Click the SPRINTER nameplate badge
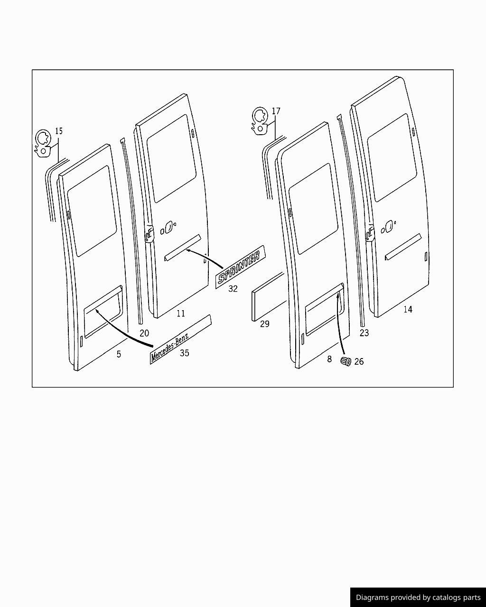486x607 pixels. [x=240, y=267]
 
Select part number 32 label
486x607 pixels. [x=233, y=288]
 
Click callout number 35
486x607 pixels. [x=185, y=353]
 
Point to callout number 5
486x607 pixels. [x=119, y=354]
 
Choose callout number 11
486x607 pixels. [x=181, y=313]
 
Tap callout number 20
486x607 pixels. [x=144, y=333]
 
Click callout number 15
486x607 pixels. [x=59, y=131]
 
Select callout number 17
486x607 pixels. [x=276, y=111]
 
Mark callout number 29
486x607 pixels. [x=265, y=324]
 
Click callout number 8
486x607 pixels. [x=329, y=359]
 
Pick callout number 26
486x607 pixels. [x=359, y=361]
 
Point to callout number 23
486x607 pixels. [x=364, y=333]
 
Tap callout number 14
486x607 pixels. [x=408, y=309]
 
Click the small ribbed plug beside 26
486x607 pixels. [x=346, y=361]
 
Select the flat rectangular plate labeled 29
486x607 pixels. [x=269, y=297]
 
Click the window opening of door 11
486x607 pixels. [x=171, y=158]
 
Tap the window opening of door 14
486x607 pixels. [x=392, y=157]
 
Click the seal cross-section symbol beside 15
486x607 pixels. [x=43, y=143]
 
